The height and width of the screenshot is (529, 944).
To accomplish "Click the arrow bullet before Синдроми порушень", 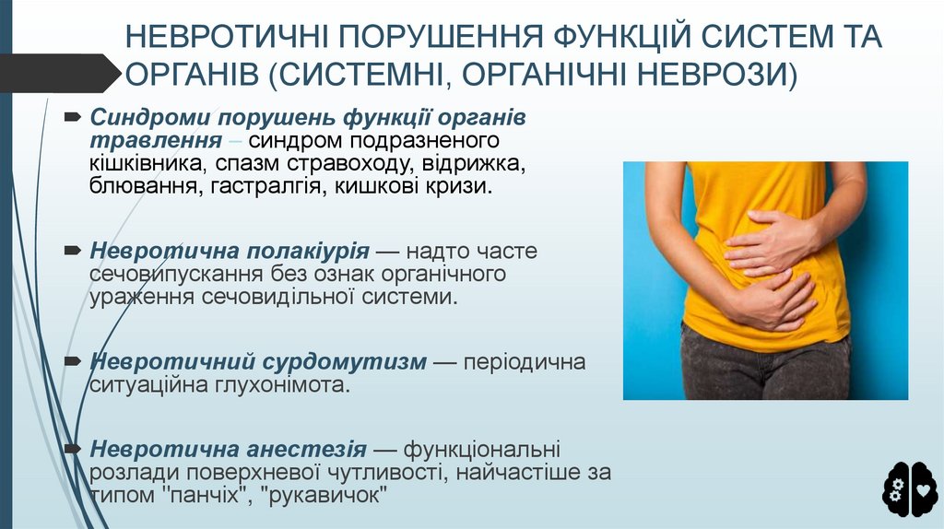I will (73, 118).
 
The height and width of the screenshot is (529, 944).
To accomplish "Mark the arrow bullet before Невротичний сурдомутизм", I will (73, 361).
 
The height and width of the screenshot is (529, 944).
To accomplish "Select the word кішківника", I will (147, 164).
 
